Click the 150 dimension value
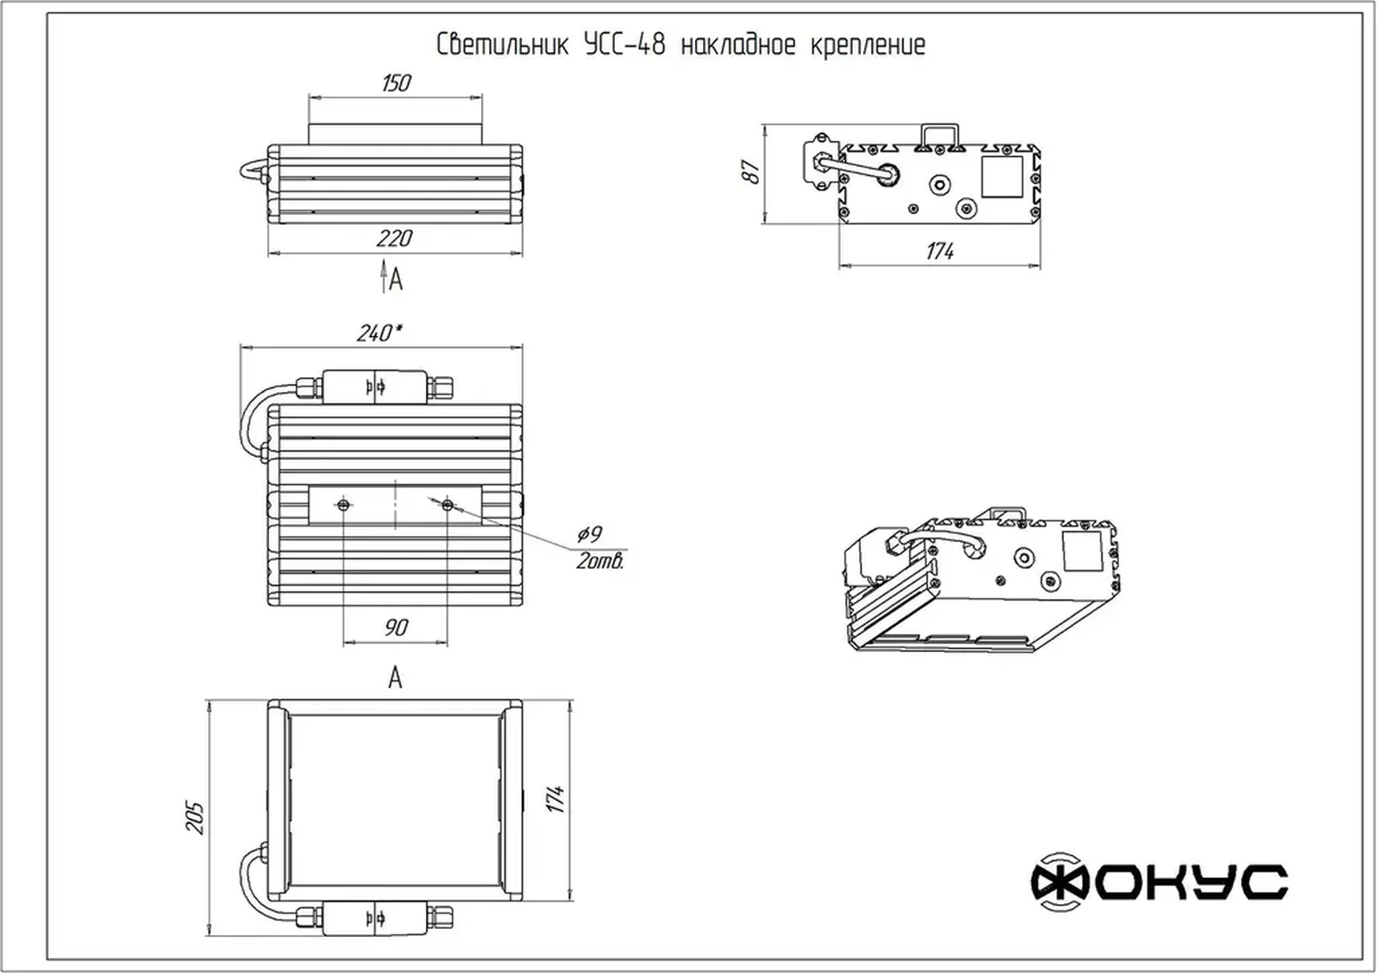point(396,83)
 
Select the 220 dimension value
point(394,238)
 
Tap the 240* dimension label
point(379,333)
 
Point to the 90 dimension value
point(395,627)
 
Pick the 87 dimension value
point(751,171)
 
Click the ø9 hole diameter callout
point(589,534)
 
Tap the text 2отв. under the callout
point(600,562)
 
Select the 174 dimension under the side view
point(939,251)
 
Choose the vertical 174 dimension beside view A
point(556,799)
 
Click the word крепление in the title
point(868,45)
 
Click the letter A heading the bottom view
point(395,679)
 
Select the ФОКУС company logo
point(1158,882)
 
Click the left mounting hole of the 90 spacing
point(343,505)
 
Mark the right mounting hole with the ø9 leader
point(448,505)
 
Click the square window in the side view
point(1002,177)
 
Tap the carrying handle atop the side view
point(939,134)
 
